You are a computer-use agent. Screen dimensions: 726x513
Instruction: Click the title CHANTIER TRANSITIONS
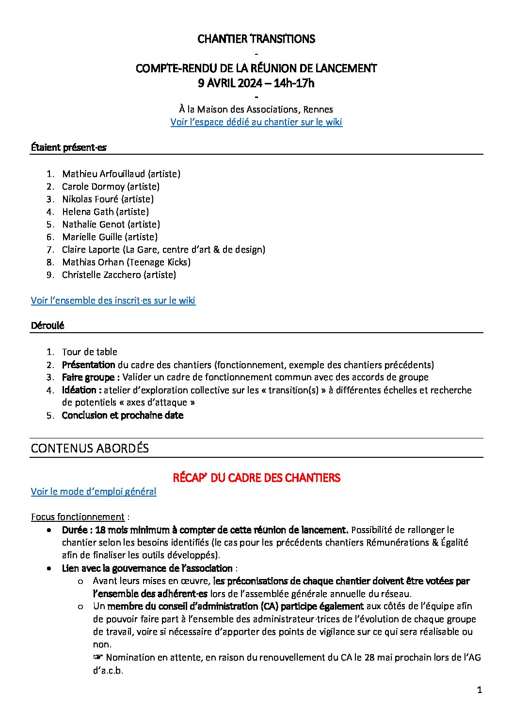[x=256, y=39]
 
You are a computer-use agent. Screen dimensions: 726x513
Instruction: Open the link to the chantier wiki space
[x=256, y=122]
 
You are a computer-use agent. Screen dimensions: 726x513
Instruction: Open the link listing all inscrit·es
[x=113, y=300]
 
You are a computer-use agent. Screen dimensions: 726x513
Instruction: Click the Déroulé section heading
[x=48, y=325]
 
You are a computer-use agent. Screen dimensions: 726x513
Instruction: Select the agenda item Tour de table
[x=90, y=352]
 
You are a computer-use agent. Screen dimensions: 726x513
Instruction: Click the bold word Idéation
[x=79, y=390]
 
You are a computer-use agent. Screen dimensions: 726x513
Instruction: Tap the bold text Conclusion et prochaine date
[x=123, y=415]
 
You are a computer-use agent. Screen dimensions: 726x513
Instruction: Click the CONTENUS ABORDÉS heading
[x=90, y=448]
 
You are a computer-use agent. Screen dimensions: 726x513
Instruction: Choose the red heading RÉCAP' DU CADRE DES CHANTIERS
[x=256, y=478]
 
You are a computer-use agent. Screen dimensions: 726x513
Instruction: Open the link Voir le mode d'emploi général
[x=94, y=491]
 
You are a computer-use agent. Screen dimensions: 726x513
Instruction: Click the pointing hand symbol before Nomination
[x=98, y=657]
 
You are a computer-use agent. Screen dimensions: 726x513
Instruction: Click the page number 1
[x=480, y=690]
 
